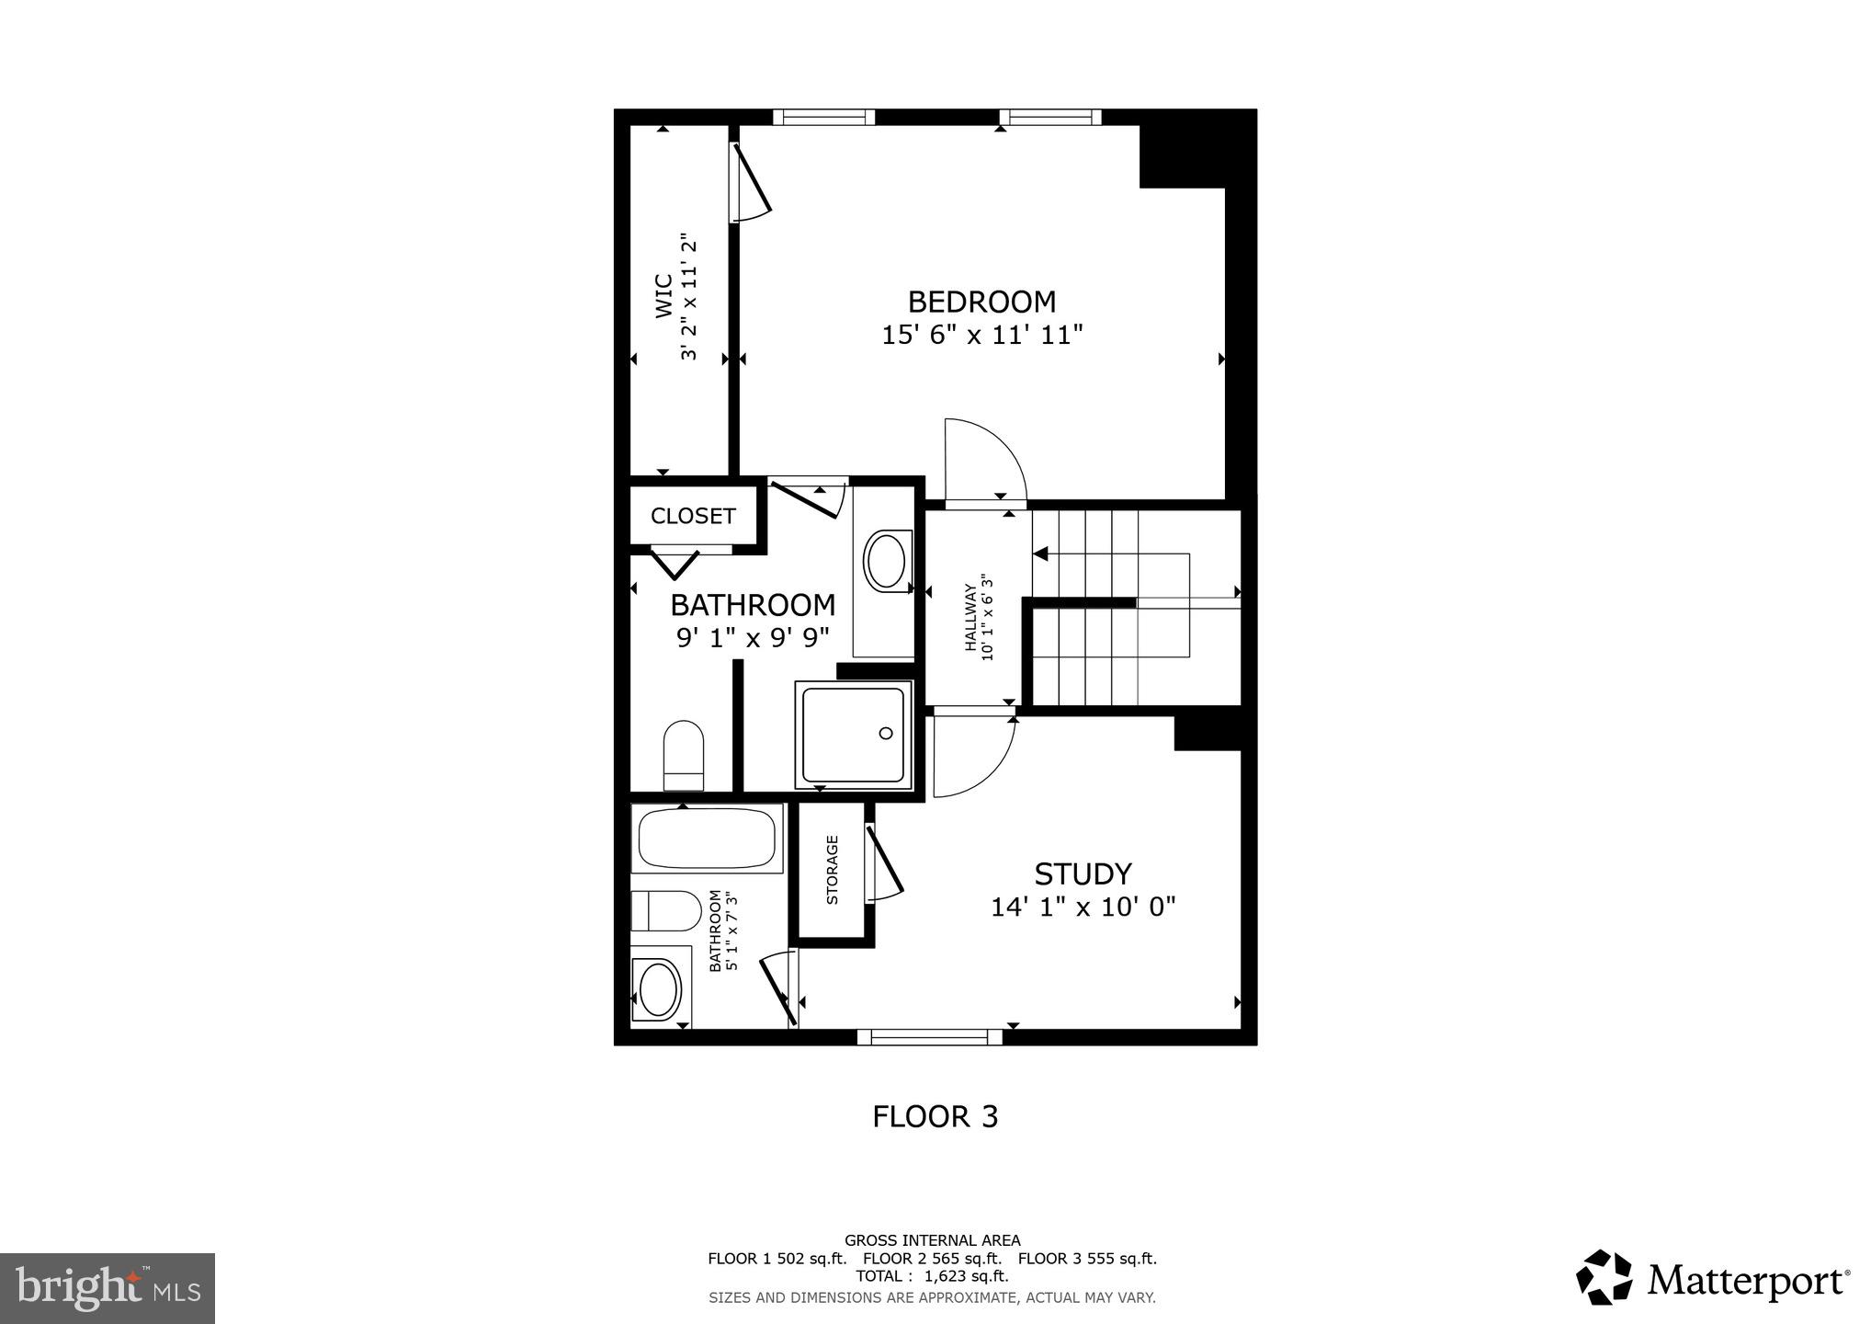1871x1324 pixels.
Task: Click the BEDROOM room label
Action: click(x=981, y=302)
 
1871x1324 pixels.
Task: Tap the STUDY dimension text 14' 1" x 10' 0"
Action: click(x=1083, y=907)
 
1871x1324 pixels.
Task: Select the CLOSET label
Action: click(x=693, y=517)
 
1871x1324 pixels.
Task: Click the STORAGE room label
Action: click(x=833, y=870)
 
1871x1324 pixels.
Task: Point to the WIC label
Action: click(x=664, y=296)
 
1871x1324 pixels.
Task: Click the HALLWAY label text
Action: click(x=970, y=617)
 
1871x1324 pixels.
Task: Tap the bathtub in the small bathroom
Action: click(x=707, y=839)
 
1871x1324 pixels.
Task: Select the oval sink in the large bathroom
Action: click(x=885, y=562)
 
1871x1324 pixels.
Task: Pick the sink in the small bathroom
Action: click(x=659, y=988)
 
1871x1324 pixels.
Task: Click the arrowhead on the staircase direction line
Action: click(x=1041, y=554)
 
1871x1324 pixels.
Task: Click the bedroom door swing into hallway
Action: click(x=985, y=460)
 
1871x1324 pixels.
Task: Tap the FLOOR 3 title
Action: click(x=935, y=1116)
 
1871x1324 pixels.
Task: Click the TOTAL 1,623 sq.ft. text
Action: click(x=932, y=1276)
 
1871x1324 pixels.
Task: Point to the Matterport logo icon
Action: click(x=1605, y=1277)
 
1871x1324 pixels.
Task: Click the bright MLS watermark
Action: click(x=108, y=1288)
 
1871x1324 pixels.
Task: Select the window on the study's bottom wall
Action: click(x=929, y=1037)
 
